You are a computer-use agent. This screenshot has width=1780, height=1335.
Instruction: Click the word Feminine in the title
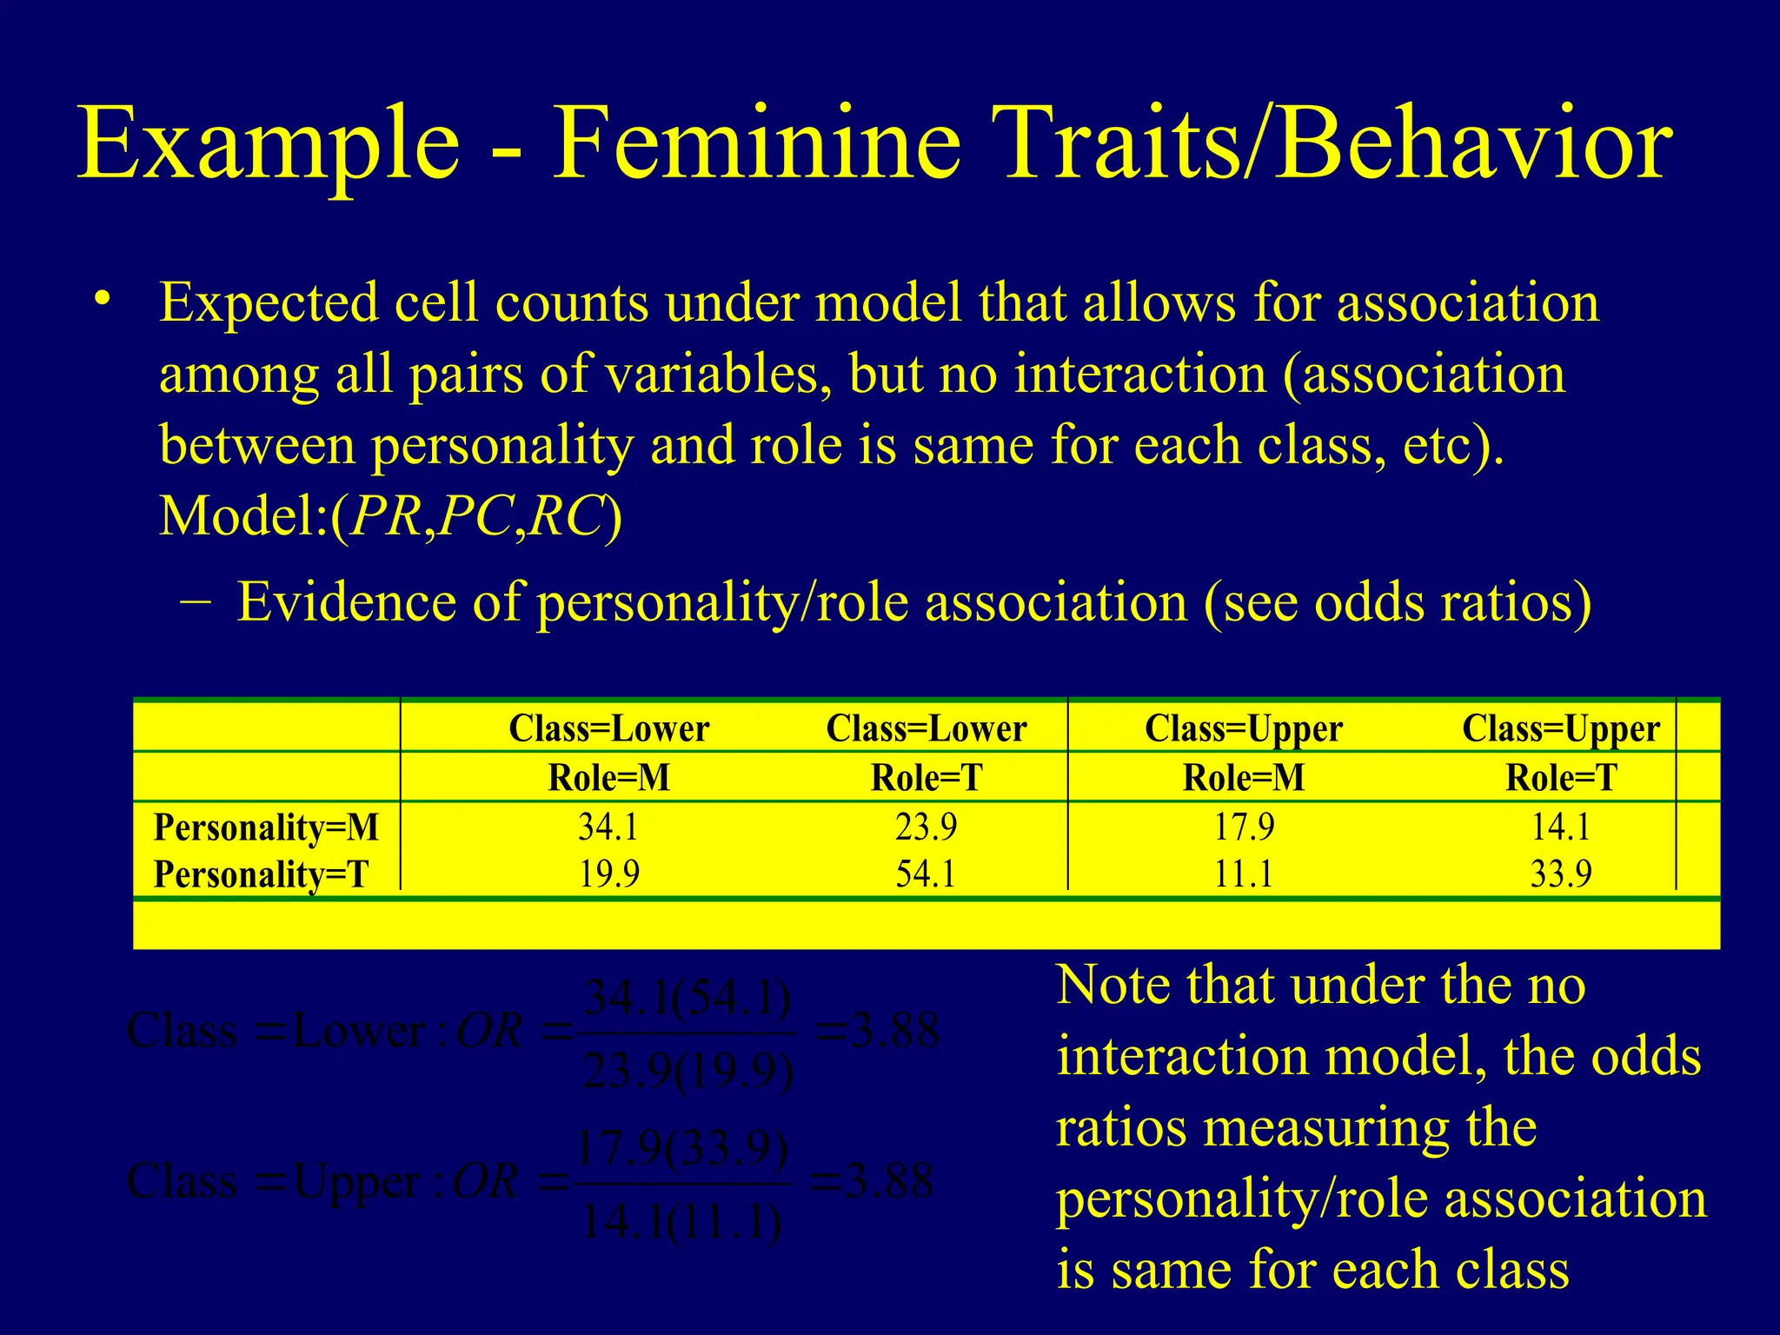pos(757,143)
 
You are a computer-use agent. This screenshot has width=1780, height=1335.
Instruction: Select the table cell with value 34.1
pos(608,827)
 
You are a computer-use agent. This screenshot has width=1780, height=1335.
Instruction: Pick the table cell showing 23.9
pos(926,827)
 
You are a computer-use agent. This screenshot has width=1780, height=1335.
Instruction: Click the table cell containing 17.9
pos(1244,827)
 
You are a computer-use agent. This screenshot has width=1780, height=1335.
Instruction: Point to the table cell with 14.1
pos(1561,827)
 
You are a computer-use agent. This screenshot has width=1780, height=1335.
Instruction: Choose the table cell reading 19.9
pos(608,873)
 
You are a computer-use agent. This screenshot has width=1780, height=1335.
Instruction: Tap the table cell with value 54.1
pos(926,873)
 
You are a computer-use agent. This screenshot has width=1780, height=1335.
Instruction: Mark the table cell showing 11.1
pos(1244,873)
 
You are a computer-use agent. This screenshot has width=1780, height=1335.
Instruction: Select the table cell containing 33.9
pos(1561,873)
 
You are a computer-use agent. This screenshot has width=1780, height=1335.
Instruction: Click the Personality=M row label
pos(266,827)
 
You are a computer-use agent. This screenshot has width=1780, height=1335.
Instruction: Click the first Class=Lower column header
pos(608,728)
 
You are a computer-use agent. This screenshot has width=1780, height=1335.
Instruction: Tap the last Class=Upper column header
pos(1561,728)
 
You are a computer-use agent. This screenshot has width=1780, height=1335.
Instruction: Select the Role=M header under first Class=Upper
pos(1244,777)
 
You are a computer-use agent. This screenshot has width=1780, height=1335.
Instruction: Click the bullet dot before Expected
pos(103,300)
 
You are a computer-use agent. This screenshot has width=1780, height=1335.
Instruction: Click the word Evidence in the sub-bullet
pos(346,601)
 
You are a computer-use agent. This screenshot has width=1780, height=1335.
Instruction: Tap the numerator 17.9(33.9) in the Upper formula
pos(683,1149)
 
